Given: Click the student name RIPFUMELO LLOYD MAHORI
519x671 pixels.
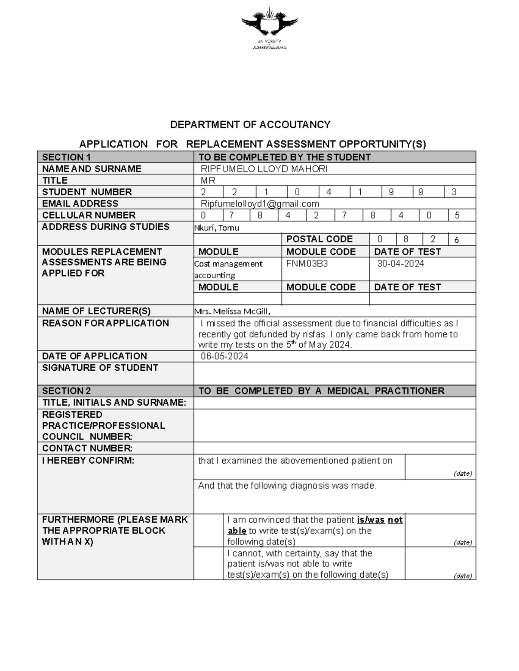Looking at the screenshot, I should click(264, 169).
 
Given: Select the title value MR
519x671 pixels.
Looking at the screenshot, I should click(208, 181).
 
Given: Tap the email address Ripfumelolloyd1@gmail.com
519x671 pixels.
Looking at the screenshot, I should click(259, 204).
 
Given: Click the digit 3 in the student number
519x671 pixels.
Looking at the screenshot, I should click(454, 192).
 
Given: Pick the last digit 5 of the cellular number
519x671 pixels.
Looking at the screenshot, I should click(457, 215).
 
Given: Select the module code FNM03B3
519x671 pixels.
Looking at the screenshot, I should click(307, 264).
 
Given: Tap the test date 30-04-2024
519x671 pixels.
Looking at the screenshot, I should click(400, 264).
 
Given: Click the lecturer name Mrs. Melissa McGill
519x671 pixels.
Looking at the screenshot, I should click(233, 311).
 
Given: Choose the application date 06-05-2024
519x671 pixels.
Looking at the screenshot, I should click(224, 356).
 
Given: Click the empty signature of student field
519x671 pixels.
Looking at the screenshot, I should click(334, 373).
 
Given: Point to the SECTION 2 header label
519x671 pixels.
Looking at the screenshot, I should click(67, 391).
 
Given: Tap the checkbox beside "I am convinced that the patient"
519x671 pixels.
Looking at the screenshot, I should click(208, 530).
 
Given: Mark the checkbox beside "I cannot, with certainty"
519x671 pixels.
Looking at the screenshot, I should click(208, 563).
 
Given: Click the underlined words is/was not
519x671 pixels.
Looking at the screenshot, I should click(380, 520).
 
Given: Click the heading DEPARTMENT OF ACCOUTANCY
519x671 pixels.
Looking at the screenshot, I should click(250, 125).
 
